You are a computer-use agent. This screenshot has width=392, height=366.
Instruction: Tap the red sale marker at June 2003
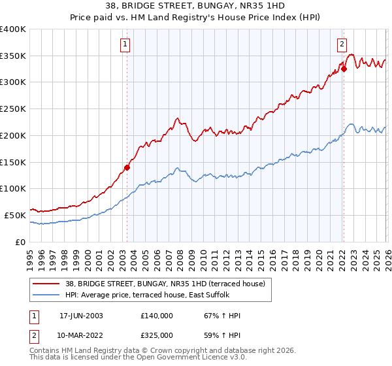pos(127,167)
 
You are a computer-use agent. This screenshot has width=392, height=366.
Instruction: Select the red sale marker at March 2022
pos(343,68)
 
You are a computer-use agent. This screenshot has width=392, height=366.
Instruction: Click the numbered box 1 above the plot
pos(124,44)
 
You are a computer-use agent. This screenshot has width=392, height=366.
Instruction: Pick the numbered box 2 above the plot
pos(341,44)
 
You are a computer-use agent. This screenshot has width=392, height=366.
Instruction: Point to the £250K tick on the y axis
pos(13,109)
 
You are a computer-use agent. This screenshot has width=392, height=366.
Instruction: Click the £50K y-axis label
pos(15,215)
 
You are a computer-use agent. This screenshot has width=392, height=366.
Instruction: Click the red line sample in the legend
pos(46,284)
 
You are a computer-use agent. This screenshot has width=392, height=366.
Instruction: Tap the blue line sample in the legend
pos(46,295)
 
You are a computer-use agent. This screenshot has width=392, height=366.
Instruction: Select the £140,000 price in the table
pos(156,316)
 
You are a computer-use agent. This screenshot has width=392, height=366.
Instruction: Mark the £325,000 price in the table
pos(156,335)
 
